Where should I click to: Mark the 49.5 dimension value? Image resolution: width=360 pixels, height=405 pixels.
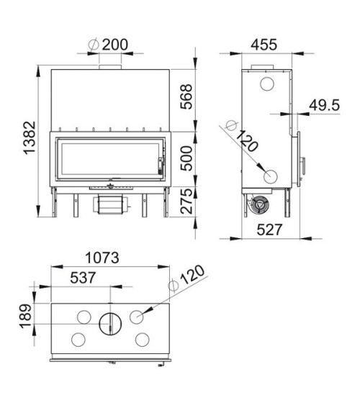(x=323, y=105)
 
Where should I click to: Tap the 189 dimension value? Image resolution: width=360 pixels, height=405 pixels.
(x=26, y=316)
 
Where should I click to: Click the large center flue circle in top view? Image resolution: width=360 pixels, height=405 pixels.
(x=110, y=324)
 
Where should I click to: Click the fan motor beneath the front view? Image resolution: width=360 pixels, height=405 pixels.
(x=109, y=204)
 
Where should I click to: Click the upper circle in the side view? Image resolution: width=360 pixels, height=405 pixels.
(x=265, y=85)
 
